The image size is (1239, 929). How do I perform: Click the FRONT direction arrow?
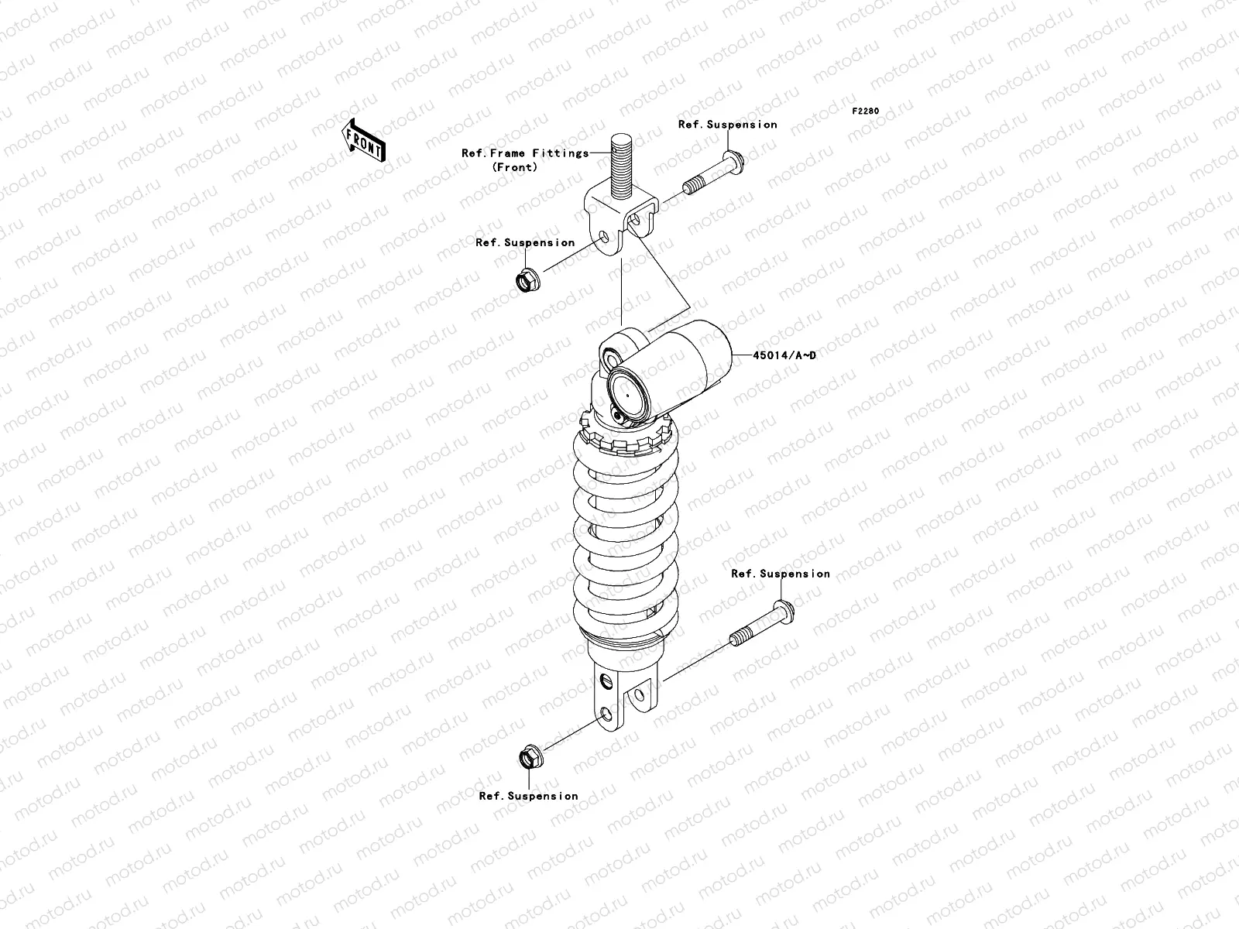click(x=363, y=139)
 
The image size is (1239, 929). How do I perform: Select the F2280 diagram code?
click(x=866, y=111)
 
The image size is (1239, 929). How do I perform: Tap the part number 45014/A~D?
click(x=784, y=355)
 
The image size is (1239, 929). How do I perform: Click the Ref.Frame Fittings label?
click(x=525, y=153)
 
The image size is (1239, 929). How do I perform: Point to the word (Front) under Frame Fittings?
click(x=514, y=167)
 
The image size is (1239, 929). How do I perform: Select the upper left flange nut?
click(x=527, y=279)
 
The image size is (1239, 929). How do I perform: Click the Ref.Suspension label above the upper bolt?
click(x=727, y=124)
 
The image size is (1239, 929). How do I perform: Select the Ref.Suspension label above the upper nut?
click(x=525, y=242)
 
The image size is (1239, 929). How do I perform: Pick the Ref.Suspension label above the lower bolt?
click(x=781, y=574)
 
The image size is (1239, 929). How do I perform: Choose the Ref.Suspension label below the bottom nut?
click(x=528, y=796)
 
